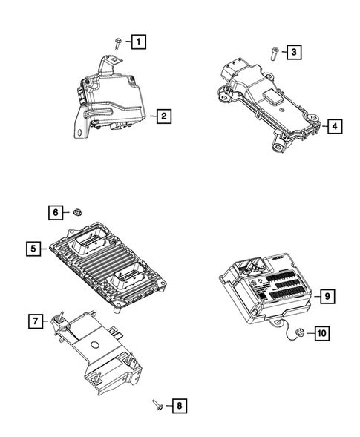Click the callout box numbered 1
[x=139, y=42]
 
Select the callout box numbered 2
[x=163, y=116]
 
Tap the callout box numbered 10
[x=321, y=334]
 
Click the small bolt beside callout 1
[x=118, y=42]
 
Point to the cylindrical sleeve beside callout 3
[x=274, y=53]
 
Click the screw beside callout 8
[x=157, y=404]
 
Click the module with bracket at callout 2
[x=111, y=104]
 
